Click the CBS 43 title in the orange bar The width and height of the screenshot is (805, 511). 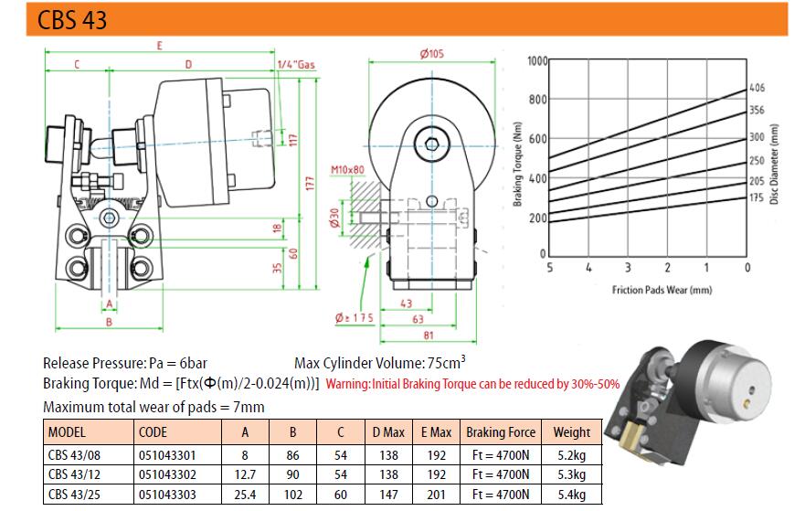click(73, 19)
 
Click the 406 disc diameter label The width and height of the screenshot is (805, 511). click(756, 88)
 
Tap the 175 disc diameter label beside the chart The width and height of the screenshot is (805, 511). click(756, 197)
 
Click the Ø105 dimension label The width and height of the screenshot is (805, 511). click(431, 54)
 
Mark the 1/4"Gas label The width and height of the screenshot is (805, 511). click(295, 64)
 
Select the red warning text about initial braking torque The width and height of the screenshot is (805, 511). click(472, 384)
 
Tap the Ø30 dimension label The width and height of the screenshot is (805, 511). click(336, 220)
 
